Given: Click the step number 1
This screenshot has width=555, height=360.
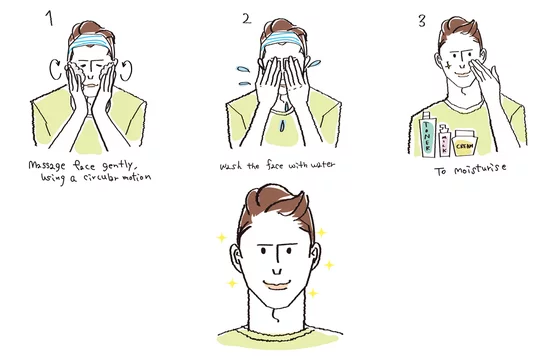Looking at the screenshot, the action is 50,18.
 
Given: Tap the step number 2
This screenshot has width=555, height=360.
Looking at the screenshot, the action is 247,19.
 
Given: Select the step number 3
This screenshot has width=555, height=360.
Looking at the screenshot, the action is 422,21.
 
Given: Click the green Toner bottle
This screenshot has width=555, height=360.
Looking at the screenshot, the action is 427,135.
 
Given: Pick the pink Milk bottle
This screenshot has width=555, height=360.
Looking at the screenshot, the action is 444,141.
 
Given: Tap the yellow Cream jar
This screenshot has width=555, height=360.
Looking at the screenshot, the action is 464,143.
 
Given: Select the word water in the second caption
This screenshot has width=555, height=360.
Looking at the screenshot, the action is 322,165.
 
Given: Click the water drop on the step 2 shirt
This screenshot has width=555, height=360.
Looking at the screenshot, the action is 282,126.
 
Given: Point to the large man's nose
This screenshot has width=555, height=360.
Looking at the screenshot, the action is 277,272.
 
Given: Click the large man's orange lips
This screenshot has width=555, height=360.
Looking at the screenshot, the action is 277,285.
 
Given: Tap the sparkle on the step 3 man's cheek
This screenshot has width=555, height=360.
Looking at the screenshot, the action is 448,66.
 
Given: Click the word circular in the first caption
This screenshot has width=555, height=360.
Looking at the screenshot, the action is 101,176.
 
